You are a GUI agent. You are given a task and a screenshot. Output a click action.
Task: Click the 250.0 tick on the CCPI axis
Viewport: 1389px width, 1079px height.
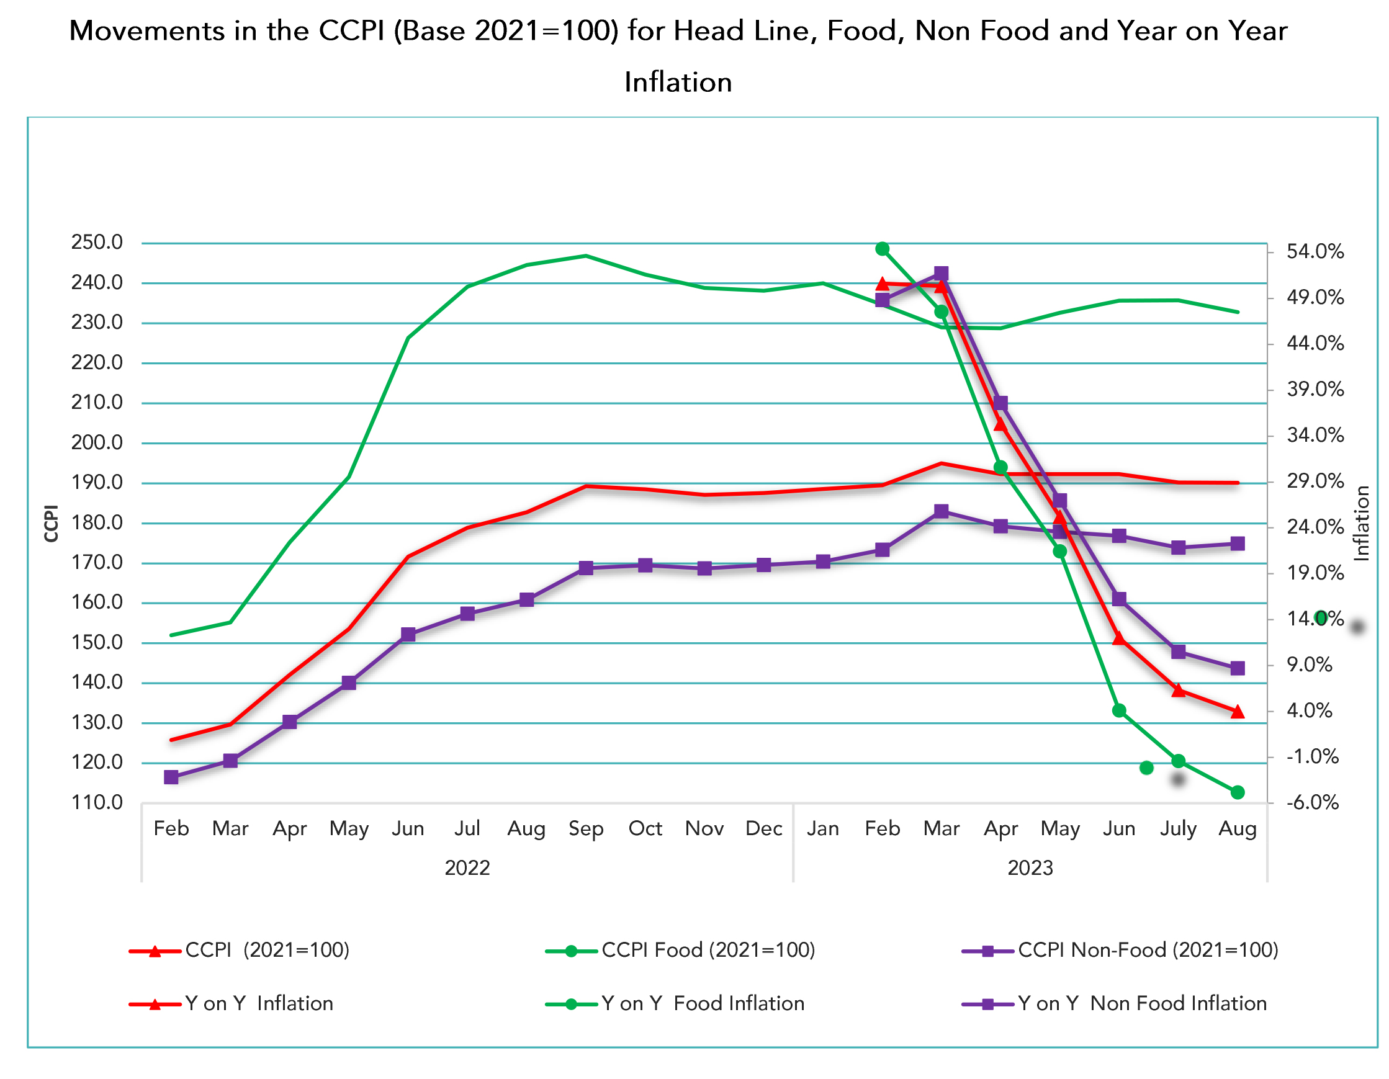click(x=97, y=242)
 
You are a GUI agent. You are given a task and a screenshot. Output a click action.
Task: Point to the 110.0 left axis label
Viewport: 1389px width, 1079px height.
click(x=97, y=802)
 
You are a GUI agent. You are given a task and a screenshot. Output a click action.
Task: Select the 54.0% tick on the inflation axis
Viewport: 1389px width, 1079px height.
click(x=1315, y=252)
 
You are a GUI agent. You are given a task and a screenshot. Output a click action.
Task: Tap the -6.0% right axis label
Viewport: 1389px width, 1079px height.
click(x=1312, y=802)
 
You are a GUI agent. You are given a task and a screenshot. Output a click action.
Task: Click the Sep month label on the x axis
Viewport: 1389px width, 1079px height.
click(x=585, y=829)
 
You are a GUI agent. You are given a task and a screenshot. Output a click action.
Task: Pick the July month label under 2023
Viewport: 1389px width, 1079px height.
click(x=1178, y=829)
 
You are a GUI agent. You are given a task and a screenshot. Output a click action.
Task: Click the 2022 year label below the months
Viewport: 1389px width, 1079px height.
click(x=467, y=868)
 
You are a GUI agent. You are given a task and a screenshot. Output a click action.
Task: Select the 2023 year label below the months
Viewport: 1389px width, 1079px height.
click(x=1030, y=868)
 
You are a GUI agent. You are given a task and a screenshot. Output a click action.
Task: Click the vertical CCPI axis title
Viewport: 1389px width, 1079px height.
click(x=52, y=523)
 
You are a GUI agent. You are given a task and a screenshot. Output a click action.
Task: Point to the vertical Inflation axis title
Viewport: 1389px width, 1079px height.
click(x=1361, y=523)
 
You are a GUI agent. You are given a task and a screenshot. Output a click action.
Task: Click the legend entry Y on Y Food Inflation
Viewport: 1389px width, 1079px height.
click(x=702, y=1003)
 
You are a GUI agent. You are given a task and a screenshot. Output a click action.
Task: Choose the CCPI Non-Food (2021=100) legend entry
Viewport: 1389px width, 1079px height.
click(x=1148, y=950)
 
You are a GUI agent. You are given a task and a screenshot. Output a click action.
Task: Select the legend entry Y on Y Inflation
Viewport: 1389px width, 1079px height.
click(x=259, y=1003)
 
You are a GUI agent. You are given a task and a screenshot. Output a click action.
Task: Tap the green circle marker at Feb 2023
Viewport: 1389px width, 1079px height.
click(x=882, y=249)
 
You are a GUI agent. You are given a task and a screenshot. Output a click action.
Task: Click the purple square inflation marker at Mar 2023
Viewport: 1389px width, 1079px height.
click(x=942, y=274)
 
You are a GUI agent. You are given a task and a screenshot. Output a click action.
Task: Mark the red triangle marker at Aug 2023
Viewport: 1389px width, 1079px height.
click(x=1237, y=712)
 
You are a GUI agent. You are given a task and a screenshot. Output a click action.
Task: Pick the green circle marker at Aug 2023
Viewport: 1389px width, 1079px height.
click(x=1237, y=792)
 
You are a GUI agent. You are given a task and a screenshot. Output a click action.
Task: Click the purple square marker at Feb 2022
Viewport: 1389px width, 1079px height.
click(x=171, y=777)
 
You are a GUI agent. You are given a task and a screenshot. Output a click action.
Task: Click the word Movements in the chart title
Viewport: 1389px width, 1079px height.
click(x=147, y=30)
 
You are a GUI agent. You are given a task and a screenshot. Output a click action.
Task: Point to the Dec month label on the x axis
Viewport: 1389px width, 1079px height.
click(x=763, y=829)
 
